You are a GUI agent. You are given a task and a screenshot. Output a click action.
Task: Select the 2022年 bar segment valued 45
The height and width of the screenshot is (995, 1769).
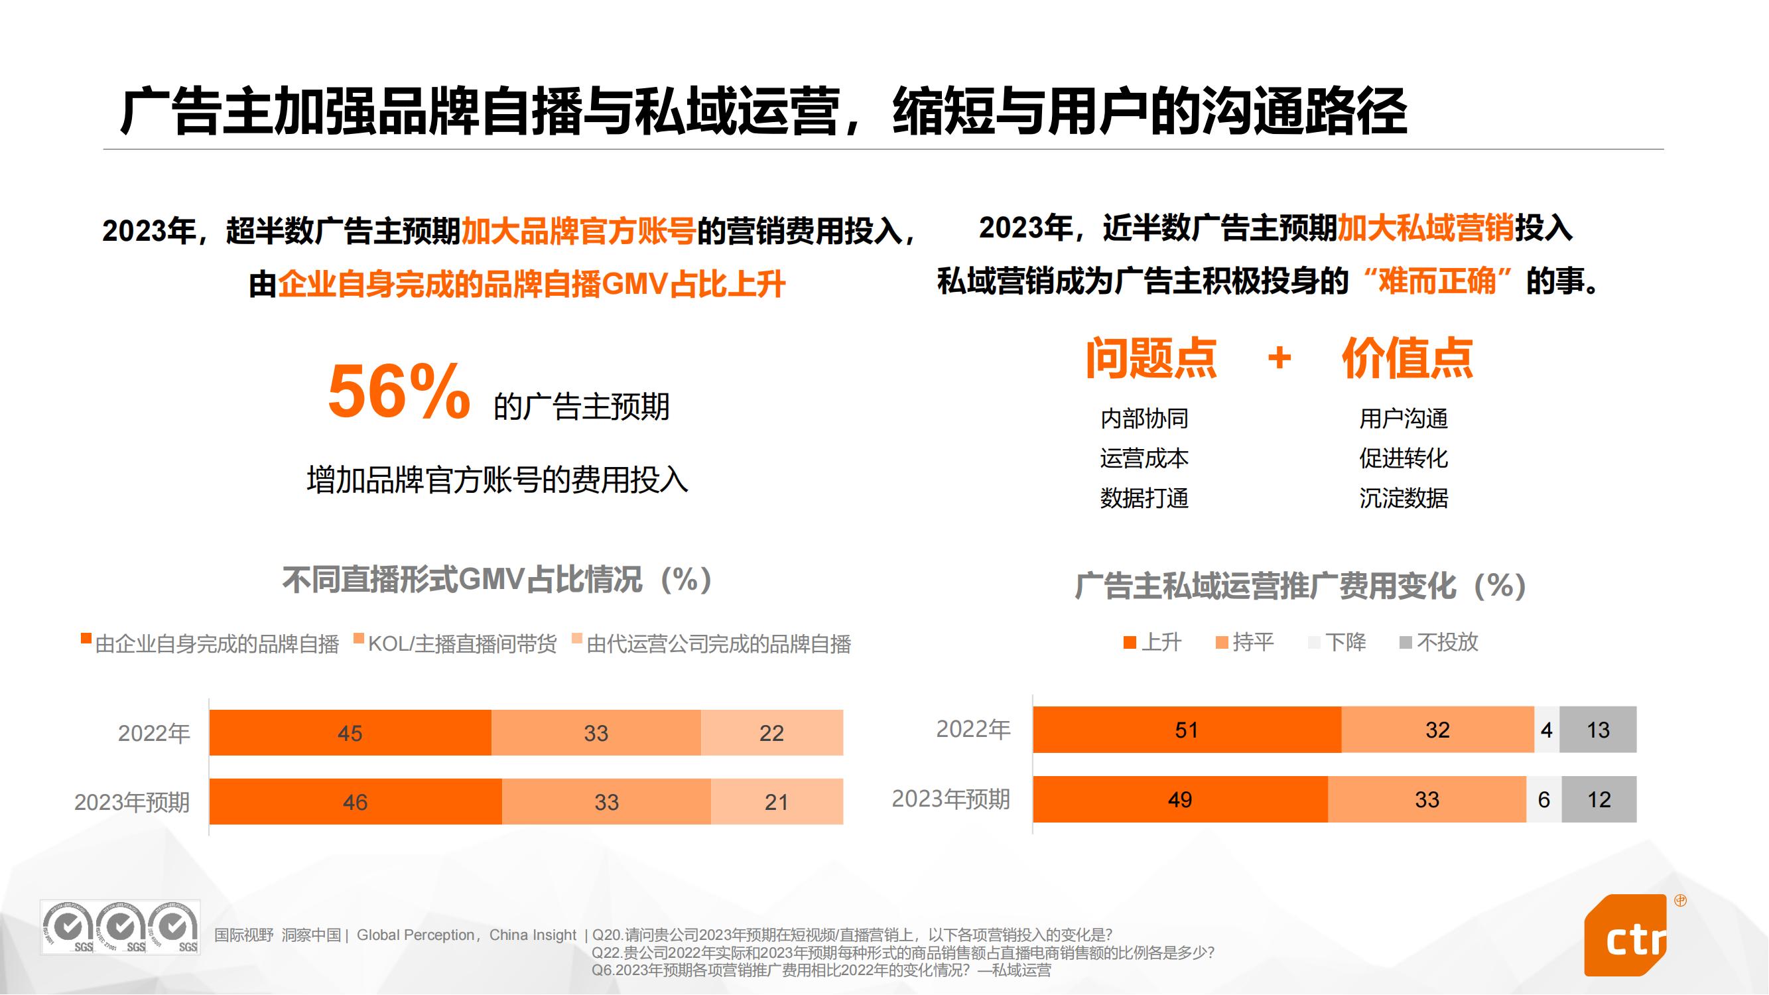click(350, 733)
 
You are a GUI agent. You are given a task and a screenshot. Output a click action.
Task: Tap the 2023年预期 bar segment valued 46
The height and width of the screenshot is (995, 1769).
click(355, 801)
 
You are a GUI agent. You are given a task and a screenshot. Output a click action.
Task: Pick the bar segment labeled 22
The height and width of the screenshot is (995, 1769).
click(772, 733)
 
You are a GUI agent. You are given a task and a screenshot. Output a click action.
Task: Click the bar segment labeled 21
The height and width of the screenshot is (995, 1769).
click(777, 801)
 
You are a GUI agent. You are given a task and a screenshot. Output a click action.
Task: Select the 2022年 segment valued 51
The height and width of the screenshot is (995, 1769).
click(1186, 729)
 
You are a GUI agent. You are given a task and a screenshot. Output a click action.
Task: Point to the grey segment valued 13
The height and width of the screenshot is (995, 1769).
click(1598, 729)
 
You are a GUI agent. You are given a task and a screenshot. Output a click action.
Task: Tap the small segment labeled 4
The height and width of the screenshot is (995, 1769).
click(1547, 729)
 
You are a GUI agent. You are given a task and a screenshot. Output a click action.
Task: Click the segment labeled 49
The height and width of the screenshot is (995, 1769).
click(1180, 799)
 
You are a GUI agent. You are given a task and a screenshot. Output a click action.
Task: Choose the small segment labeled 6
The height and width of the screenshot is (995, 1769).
click(1543, 799)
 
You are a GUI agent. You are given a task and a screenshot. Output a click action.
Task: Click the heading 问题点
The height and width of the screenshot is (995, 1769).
click(1151, 358)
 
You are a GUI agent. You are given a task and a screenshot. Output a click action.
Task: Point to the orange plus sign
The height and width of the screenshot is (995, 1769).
click(1279, 358)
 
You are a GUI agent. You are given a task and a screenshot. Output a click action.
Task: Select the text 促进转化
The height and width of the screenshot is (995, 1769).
click(1404, 458)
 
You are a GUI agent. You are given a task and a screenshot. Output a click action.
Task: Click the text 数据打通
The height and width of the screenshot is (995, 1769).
click(1144, 498)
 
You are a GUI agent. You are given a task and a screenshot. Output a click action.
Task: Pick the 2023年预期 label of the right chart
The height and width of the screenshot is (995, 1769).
click(950, 799)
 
